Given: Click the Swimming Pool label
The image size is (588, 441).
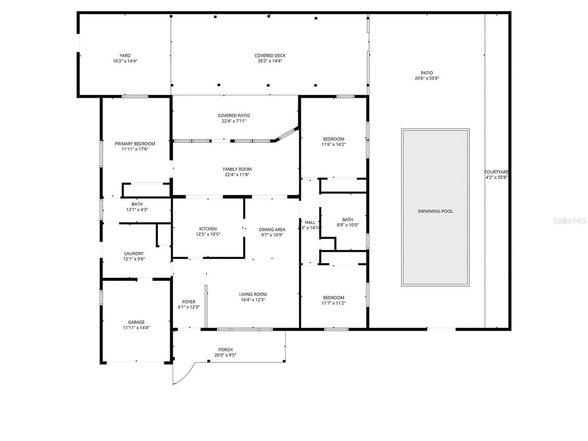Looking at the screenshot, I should (x=435, y=211).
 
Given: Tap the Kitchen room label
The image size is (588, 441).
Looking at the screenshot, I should (x=208, y=229).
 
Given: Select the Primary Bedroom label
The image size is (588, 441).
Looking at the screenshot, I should (x=135, y=144).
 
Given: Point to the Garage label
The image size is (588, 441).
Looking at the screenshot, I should (x=136, y=322).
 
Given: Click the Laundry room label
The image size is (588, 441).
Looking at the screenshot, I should (x=134, y=254).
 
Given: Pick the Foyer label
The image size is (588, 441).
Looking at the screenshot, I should (x=188, y=302).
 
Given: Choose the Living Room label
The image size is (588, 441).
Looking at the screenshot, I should (x=253, y=294).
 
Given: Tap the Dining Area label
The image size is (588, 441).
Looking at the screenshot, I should (x=272, y=230).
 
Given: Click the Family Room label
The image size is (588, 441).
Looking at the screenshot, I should (x=237, y=169).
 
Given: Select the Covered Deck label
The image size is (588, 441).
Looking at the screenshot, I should (x=270, y=56).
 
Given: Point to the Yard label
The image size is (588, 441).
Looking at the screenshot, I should (x=125, y=56).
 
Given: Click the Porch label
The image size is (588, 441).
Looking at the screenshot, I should (x=225, y=350).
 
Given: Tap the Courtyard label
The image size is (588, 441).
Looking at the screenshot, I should (x=496, y=172).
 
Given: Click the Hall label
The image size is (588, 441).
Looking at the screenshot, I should (x=310, y=222).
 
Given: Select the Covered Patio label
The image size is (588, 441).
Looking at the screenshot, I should (x=234, y=116).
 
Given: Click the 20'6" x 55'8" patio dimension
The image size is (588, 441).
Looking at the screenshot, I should (x=427, y=79).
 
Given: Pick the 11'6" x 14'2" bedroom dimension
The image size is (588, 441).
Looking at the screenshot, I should (x=333, y=144).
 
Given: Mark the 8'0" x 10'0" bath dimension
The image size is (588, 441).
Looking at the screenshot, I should (x=347, y=225).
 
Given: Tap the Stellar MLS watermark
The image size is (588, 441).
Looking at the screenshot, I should (x=570, y=221).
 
